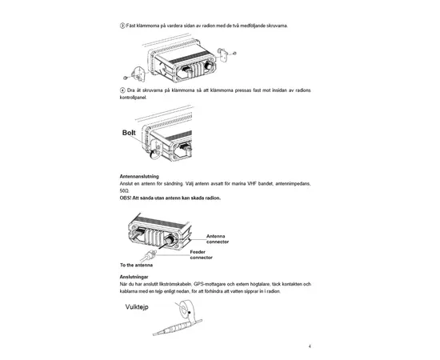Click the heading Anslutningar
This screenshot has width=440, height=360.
tap(134, 277)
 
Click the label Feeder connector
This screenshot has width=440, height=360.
tap(202, 254)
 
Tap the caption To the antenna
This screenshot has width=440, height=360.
tap(137, 265)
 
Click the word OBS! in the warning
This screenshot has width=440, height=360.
tap(126, 197)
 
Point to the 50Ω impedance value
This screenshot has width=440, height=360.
tap(125, 190)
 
